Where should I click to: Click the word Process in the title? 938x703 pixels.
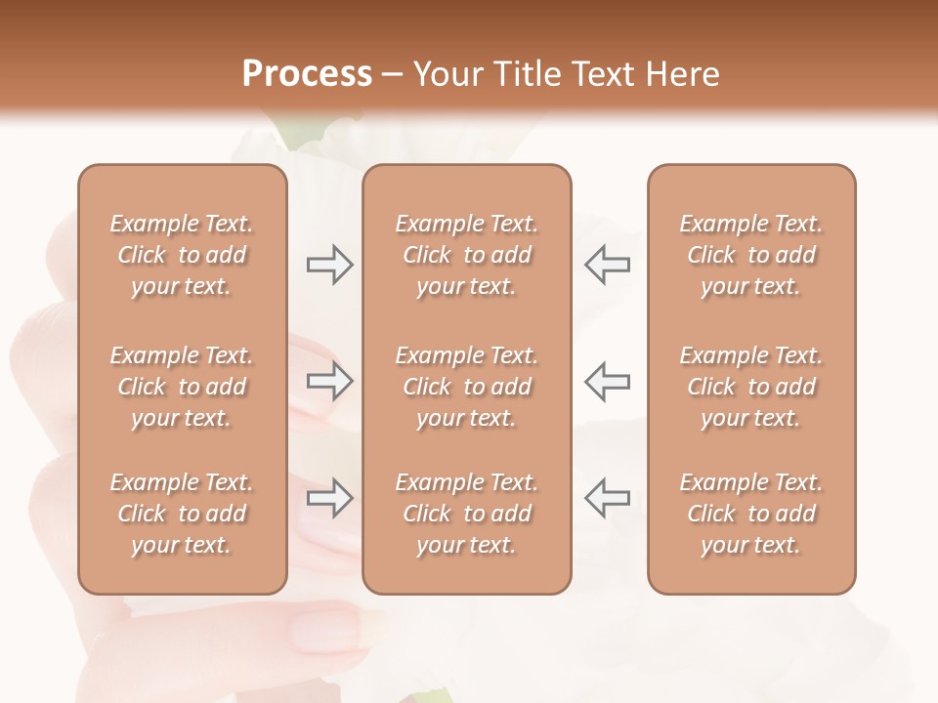tap(307, 74)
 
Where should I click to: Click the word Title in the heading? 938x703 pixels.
tap(527, 74)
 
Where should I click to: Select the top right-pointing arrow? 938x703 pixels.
tap(329, 265)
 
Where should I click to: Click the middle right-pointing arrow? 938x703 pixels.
tap(329, 381)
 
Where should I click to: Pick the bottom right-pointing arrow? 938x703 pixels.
tap(329, 498)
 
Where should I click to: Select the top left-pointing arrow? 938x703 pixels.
tap(607, 265)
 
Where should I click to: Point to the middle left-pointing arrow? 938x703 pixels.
tap(607, 381)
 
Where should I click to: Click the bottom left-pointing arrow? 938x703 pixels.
tap(607, 498)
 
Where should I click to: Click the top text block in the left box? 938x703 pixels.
tap(182, 255)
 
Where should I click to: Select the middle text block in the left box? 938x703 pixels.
tap(182, 387)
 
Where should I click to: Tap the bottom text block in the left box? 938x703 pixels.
tap(182, 514)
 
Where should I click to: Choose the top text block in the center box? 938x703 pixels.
tap(466, 255)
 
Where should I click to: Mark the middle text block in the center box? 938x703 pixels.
tap(466, 387)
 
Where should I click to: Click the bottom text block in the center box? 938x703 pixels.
tap(466, 514)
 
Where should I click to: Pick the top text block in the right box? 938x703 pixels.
tap(750, 255)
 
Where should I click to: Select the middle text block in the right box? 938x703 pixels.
tap(750, 387)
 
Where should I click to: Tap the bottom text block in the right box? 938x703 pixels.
tap(750, 514)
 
